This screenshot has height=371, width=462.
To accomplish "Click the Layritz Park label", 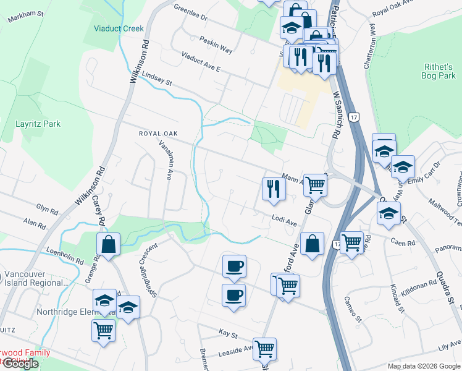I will pos(38,124).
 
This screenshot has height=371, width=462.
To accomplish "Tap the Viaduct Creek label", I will pos(119,28).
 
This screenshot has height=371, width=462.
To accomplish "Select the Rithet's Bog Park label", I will pos(439,70).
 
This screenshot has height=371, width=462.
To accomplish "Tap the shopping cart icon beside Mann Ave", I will pos(315,184).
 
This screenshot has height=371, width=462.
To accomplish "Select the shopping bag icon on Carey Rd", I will pos(109,244).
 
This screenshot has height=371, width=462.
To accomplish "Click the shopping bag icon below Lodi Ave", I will pos(313,244).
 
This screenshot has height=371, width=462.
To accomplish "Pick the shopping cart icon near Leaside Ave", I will pos(264,349).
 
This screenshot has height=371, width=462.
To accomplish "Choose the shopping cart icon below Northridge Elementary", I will pos(103,330).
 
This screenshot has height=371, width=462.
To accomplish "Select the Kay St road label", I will pos(229,334).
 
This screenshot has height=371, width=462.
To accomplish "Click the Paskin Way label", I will pos(216,43).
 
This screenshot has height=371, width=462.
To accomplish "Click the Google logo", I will pos(20,364).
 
